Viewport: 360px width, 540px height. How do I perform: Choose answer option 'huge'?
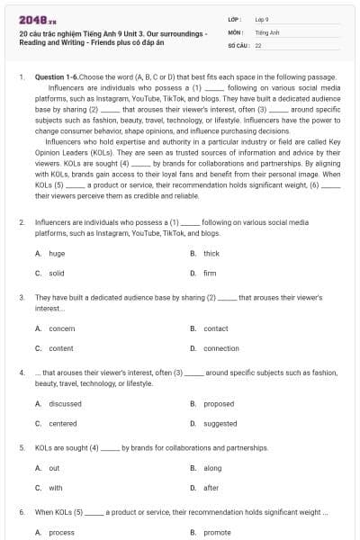(x=57, y=254)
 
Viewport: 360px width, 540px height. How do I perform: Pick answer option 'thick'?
(x=211, y=254)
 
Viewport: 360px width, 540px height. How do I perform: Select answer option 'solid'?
(x=57, y=273)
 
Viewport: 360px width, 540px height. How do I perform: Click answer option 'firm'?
(x=210, y=273)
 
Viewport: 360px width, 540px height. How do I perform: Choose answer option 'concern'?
(x=62, y=328)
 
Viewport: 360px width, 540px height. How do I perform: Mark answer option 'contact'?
(x=216, y=328)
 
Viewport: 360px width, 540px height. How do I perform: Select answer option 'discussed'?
(x=65, y=404)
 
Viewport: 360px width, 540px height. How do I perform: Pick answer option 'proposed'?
(x=219, y=404)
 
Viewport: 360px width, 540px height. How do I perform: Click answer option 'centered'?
(x=63, y=423)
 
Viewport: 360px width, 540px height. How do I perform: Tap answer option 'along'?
(x=212, y=468)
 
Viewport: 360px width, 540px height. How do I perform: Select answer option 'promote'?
(x=218, y=532)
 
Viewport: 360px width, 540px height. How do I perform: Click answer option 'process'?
(x=62, y=532)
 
